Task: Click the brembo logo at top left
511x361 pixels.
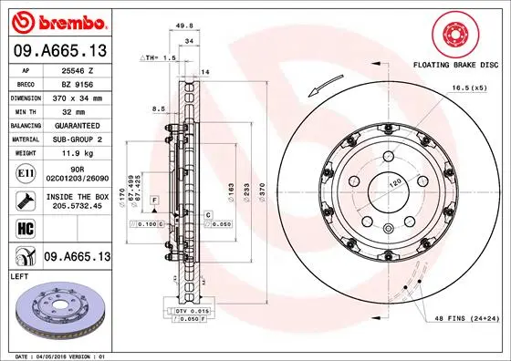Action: click(57, 19)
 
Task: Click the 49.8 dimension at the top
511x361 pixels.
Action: click(188, 27)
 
